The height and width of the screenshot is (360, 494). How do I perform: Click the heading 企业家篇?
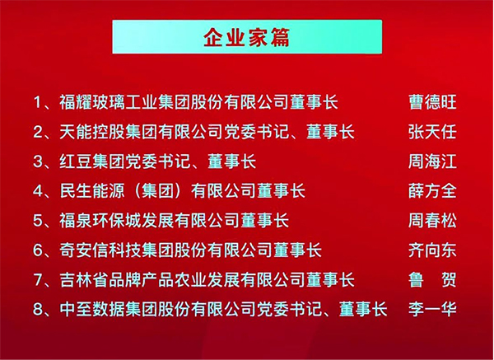pyautogui.click(x=247, y=38)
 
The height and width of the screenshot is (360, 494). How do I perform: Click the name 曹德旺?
pyautogui.click(x=432, y=102)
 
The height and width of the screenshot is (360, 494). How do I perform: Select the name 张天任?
pyautogui.click(x=432, y=132)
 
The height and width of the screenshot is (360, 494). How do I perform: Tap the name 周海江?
pyautogui.click(x=432, y=161)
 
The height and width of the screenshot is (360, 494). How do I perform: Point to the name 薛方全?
pyautogui.click(x=432, y=191)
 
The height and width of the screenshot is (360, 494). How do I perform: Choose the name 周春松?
pyautogui.click(x=432, y=220)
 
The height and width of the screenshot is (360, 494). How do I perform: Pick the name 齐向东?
pyautogui.click(x=432, y=250)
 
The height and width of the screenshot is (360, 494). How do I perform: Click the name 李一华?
pyautogui.click(x=432, y=309)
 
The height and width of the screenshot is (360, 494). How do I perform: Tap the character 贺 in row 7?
pyautogui.click(x=449, y=280)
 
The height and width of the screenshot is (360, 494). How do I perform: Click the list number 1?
pyautogui.click(x=38, y=102)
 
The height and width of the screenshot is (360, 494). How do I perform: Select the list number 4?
pyautogui.click(x=38, y=191)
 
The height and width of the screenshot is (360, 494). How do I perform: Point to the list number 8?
pyautogui.click(x=38, y=310)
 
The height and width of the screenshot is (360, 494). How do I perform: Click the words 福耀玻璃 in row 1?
pyautogui.click(x=92, y=102)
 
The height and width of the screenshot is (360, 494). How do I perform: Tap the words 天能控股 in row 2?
pyautogui.click(x=92, y=132)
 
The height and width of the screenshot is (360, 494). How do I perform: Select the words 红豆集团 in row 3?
pyautogui.click(x=92, y=161)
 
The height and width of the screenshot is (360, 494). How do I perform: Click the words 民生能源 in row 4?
pyautogui.click(x=92, y=191)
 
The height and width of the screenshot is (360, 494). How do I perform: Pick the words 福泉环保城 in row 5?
pyautogui.click(x=100, y=220)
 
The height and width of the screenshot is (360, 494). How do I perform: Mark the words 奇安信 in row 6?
pyautogui.click(x=84, y=250)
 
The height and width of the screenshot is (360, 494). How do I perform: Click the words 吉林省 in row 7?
pyautogui.click(x=84, y=280)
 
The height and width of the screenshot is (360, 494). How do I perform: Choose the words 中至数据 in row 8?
pyautogui.click(x=92, y=309)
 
